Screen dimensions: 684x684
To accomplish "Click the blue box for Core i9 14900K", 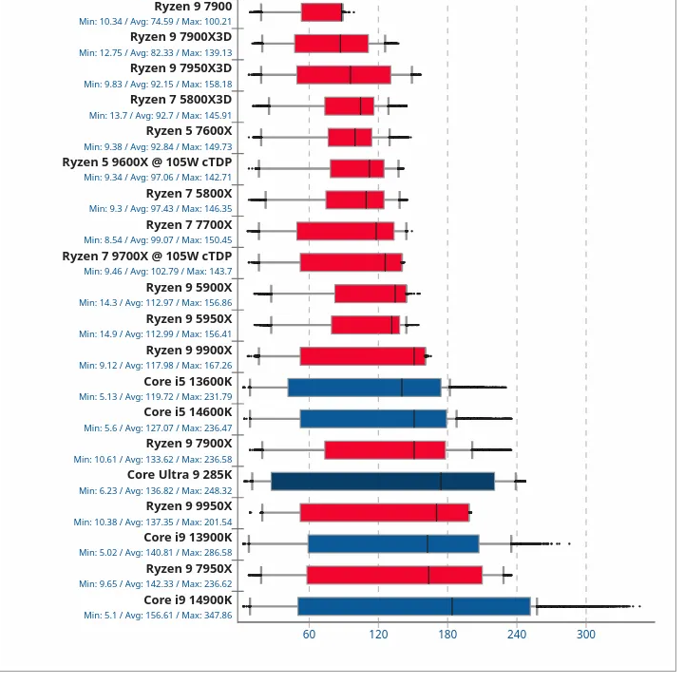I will point(413,606).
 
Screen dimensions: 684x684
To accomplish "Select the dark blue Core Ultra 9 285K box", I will point(383,481).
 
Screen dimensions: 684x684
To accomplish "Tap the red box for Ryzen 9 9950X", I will point(385,513).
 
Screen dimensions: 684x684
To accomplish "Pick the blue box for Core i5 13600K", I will point(365,387).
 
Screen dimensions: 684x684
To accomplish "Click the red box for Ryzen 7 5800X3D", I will point(350,105).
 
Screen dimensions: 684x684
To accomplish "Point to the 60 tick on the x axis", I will point(309,635).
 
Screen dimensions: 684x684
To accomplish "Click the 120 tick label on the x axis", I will point(378,635).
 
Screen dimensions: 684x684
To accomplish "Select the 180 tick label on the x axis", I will point(447,635).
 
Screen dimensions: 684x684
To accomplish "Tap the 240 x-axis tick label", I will point(517,635).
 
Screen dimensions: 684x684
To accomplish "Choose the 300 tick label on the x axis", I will point(586,635).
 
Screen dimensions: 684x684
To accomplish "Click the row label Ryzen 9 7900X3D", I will point(180,37).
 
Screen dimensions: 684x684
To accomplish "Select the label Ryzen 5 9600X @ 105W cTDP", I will point(147,162).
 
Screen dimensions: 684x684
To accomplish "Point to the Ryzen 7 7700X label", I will point(189,225).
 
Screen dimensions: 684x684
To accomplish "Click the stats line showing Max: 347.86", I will point(158,616).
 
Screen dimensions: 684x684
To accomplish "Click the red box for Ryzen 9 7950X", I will point(394,575).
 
